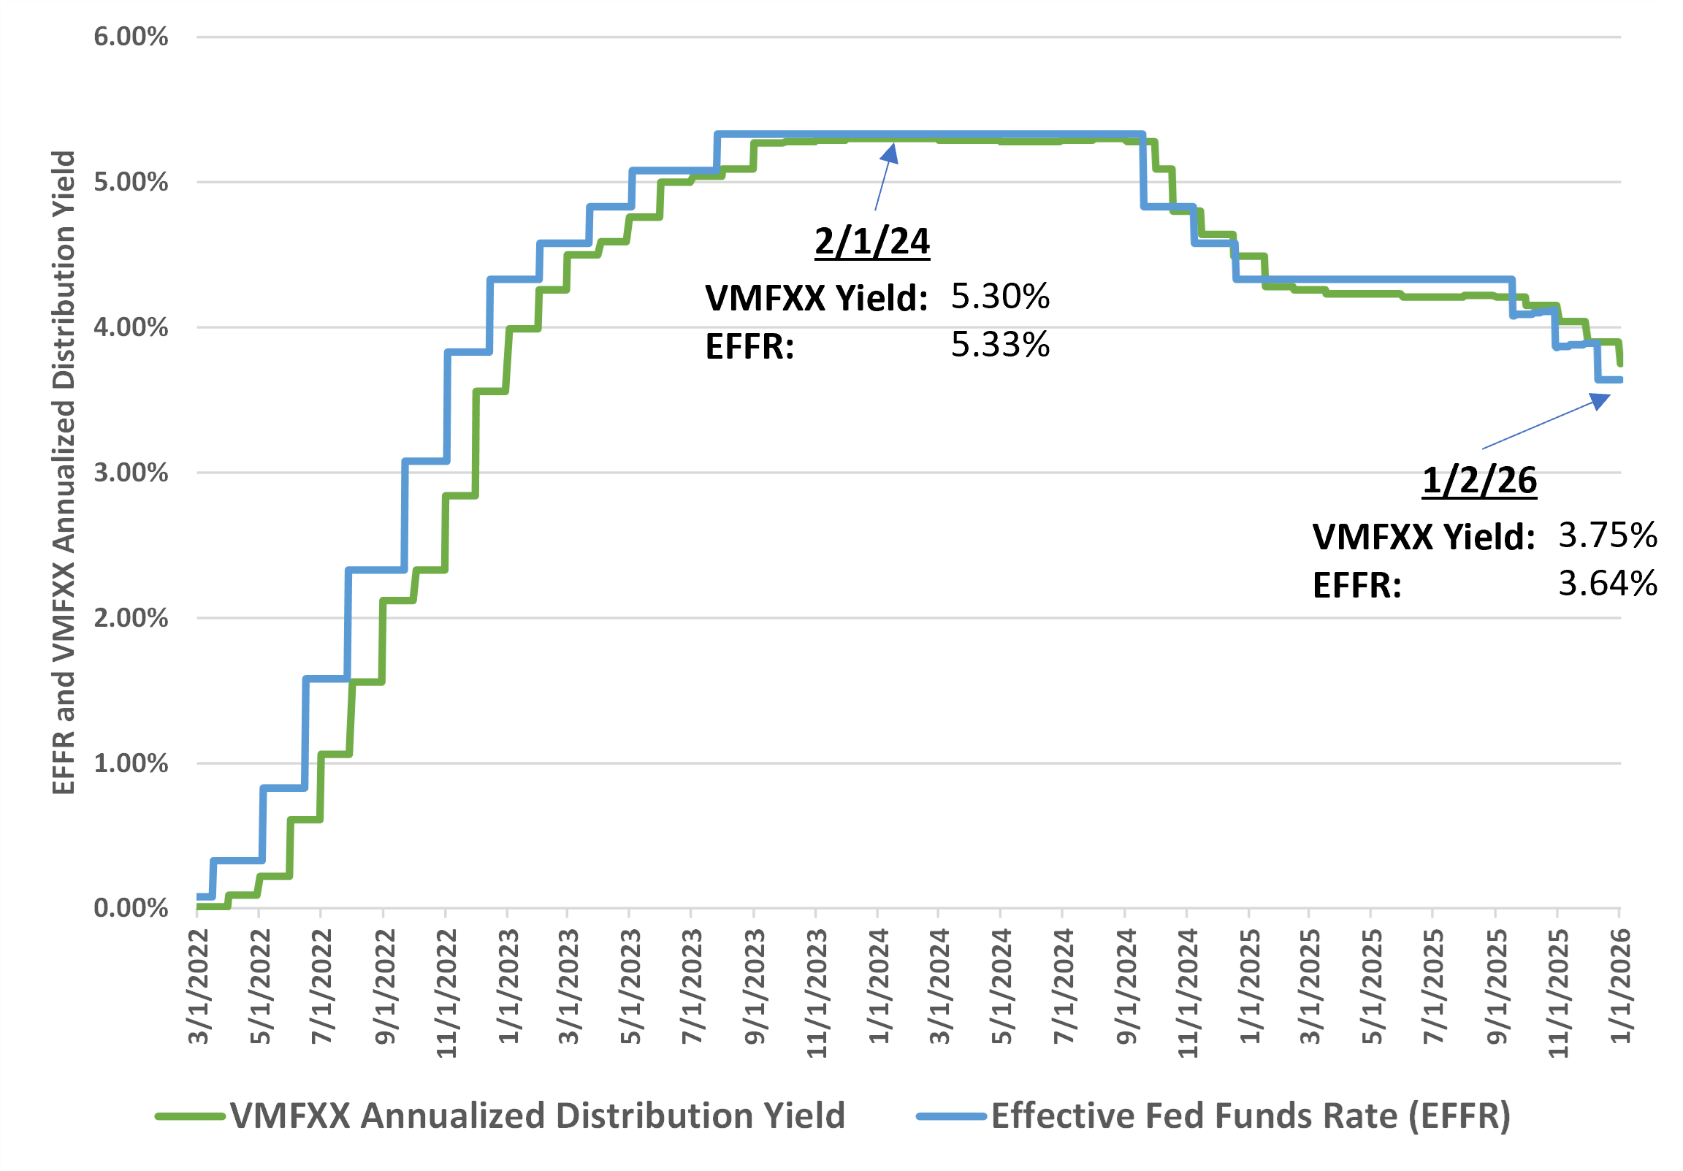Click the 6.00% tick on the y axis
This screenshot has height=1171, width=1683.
[x=131, y=37]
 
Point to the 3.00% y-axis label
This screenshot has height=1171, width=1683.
[x=131, y=473]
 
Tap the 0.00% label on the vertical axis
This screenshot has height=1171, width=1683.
[x=131, y=909]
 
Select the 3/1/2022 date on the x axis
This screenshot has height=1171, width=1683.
[x=199, y=986]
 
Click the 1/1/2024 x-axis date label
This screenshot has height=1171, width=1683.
[x=879, y=986]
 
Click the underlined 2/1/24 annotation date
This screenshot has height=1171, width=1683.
[x=872, y=241]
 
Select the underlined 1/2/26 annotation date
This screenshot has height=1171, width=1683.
[x=1479, y=481]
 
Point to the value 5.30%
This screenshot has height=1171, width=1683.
[x=1000, y=297]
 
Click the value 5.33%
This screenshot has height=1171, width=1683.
[x=1000, y=345]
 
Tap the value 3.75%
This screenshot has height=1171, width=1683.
[x=1607, y=536]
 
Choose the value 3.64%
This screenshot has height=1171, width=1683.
[x=1607, y=584]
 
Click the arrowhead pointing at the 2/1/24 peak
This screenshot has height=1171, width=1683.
[x=890, y=152]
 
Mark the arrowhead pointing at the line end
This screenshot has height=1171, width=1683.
[x=1600, y=400]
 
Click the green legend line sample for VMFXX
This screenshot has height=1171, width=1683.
[x=191, y=1117]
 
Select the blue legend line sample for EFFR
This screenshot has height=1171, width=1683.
[x=952, y=1117]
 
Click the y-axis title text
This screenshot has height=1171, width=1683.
[x=64, y=473]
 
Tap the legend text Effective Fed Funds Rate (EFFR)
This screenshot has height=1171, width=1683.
[x=1251, y=1116]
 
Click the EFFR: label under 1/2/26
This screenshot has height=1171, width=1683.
[x=1356, y=586]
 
